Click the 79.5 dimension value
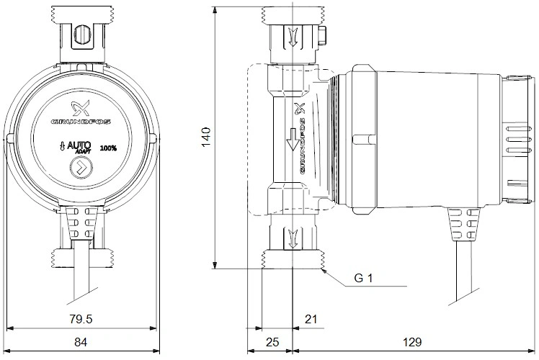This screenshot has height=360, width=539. click(x=81, y=319)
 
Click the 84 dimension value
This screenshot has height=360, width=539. click(x=81, y=342)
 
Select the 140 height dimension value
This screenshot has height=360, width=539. click(x=206, y=137)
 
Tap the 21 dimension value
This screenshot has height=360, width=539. click(x=311, y=319)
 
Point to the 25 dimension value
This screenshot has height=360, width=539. click(x=272, y=342)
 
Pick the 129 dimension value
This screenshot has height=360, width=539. click(x=411, y=342)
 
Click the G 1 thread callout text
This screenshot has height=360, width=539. click(x=363, y=278)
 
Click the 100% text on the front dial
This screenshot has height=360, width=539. click(x=108, y=148)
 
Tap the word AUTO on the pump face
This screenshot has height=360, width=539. click(x=79, y=145)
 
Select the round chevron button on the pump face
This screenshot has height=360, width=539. click(x=81, y=168)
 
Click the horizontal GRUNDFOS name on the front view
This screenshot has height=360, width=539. click(x=81, y=122)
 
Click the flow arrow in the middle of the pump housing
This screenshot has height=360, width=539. click(x=293, y=140)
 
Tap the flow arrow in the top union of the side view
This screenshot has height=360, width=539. click(x=293, y=37)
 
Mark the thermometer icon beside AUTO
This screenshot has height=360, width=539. click(x=62, y=147)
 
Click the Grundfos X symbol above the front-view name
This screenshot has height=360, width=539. click(x=81, y=108)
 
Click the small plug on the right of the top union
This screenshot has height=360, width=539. click(x=323, y=37)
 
